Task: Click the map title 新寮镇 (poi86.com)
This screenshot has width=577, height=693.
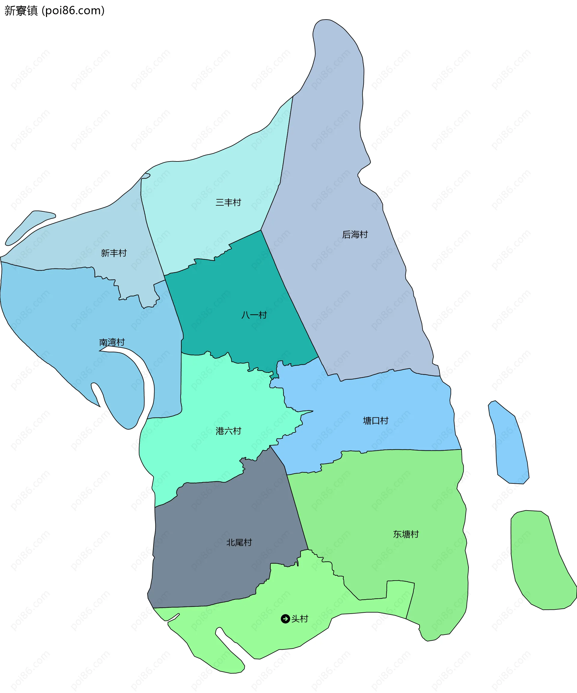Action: click(54, 11)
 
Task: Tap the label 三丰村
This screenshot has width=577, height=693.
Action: click(228, 202)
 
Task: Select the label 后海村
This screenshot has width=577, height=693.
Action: click(355, 234)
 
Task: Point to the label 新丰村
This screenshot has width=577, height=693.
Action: click(114, 253)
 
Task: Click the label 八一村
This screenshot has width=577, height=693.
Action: click(254, 315)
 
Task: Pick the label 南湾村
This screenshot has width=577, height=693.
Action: click(112, 342)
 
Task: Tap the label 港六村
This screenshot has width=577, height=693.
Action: click(228, 431)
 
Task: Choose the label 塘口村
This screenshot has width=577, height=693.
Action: click(375, 421)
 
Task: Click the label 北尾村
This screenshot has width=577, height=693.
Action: click(239, 542)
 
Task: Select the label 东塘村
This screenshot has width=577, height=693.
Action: click(406, 534)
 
